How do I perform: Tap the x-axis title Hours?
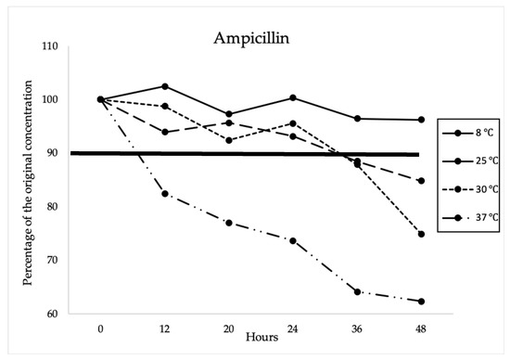pos(261,337)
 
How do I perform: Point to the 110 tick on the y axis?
pos(75,46)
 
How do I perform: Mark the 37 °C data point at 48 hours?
pos(421,302)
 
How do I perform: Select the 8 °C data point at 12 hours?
pos(165,86)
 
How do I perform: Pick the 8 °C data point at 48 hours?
pos(421,120)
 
